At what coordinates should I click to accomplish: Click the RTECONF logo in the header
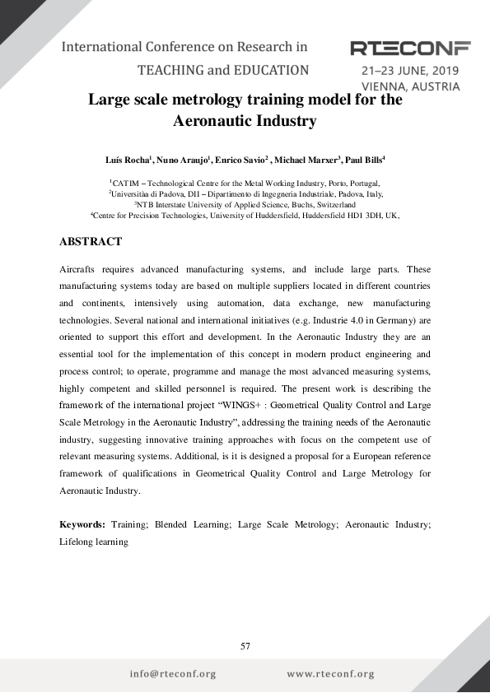click(x=409, y=48)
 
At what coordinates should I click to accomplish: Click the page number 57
click(x=245, y=646)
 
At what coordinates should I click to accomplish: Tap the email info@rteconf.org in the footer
click(x=173, y=674)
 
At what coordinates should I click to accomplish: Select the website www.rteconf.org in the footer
click(x=330, y=674)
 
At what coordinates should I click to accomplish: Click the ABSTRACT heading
click(x=91, y=241)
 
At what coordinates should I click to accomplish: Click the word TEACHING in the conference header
click(x=172, y=70)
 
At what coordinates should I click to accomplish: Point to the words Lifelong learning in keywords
click(x=94, y=542)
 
